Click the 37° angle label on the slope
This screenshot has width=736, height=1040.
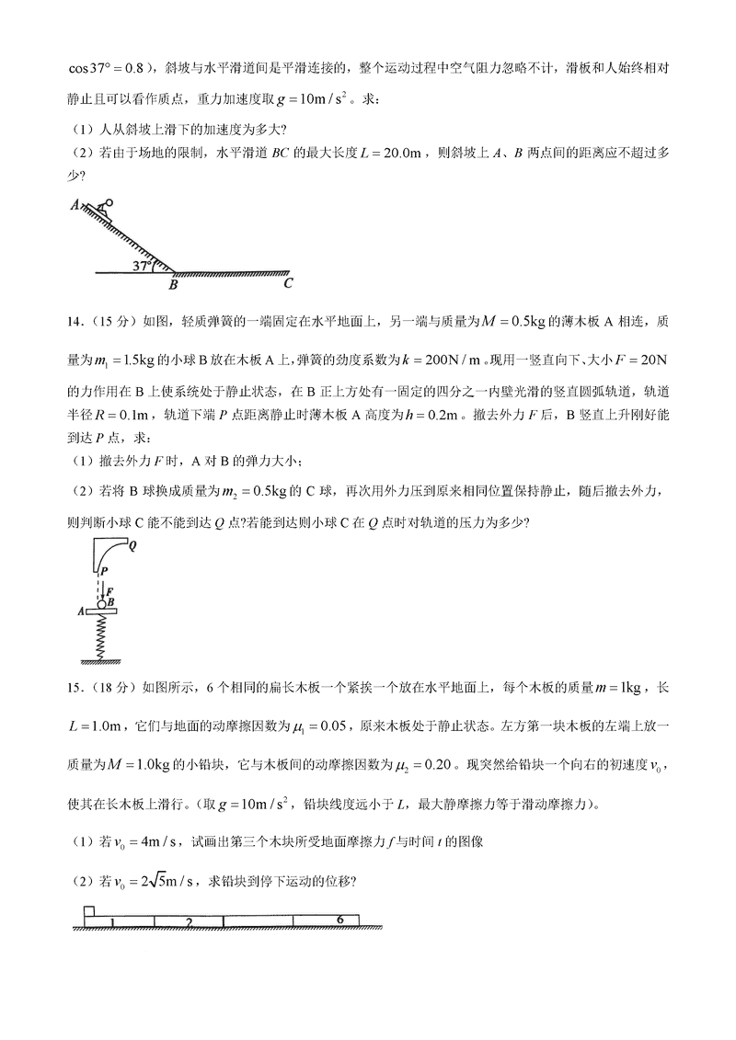(142, 266)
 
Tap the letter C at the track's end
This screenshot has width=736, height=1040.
(289, 284)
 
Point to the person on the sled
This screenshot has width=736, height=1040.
(105, 207)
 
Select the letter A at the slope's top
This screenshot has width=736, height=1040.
(74, 206)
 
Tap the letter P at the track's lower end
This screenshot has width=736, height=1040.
(105, 571)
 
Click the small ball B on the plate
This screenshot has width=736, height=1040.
(104, 603)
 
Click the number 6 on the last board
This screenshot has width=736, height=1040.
(339, 919)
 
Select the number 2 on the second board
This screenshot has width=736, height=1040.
(188, 921)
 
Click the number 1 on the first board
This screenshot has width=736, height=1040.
(111, 921)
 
